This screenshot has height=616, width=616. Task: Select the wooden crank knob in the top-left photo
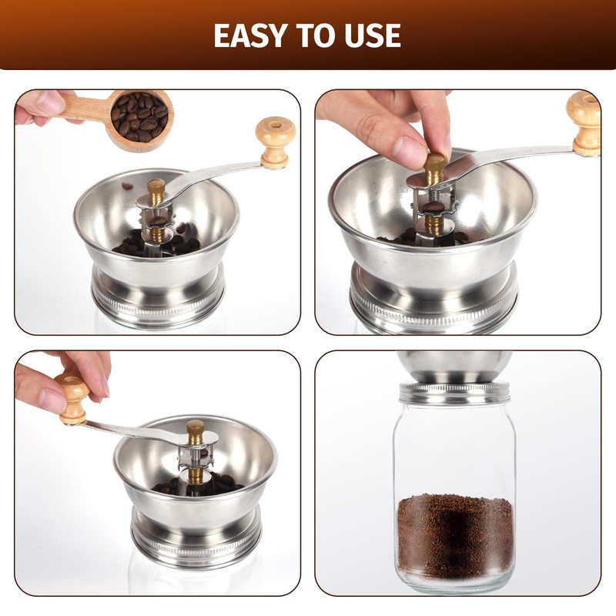click(x=275, y=141)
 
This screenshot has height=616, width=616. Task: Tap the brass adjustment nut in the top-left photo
click(x=157, y=189)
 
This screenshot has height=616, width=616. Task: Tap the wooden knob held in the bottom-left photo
click(x=75, y=397)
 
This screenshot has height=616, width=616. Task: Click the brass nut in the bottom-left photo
click(x=196, y=431)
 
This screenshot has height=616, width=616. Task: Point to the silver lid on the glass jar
click(x=454, y=393)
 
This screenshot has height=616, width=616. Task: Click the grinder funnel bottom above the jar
click(x=454, y=366)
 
